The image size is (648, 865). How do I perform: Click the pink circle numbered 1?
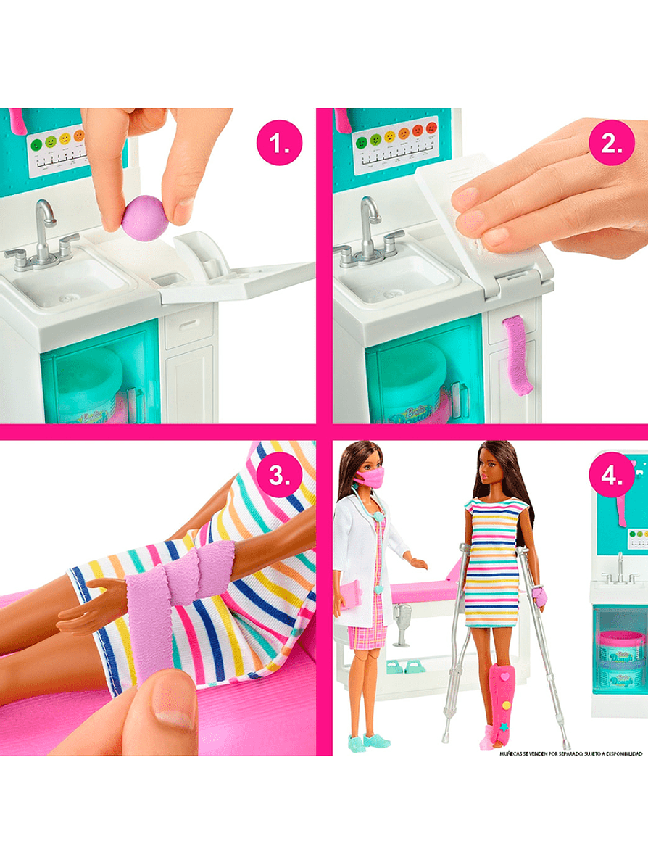(x=279, y=144)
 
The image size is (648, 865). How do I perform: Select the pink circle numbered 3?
(x=279, y=476)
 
